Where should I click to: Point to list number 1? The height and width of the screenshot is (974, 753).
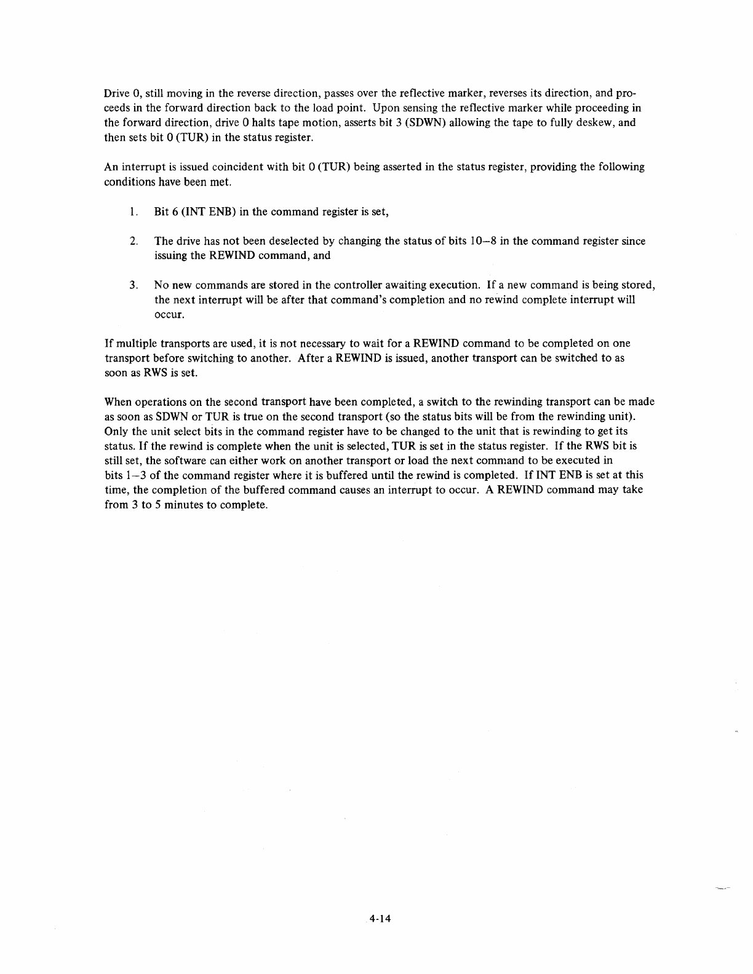click(x=133, y=212)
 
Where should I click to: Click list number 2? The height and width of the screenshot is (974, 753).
click(x=133, y=241)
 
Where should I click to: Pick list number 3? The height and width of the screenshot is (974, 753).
click(x=133, y=285)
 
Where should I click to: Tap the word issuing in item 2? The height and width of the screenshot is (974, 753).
click(x=171, y=256)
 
